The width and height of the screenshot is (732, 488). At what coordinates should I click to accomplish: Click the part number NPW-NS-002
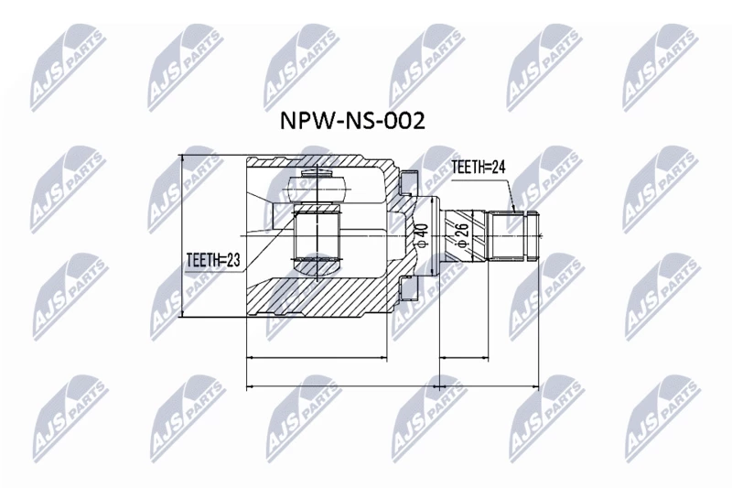pos(352,121)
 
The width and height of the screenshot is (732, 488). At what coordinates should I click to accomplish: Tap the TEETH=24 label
pos(479,168)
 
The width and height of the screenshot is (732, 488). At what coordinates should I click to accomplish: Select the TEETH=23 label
pos(213,260)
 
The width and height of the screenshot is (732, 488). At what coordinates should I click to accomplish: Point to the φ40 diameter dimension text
pos(421,235)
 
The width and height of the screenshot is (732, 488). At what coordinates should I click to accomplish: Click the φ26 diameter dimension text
pos(462,235)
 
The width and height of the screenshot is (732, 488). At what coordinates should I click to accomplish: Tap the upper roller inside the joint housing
pos(318,187)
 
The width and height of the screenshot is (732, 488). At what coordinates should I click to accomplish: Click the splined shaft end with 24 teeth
pos(512,235)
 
